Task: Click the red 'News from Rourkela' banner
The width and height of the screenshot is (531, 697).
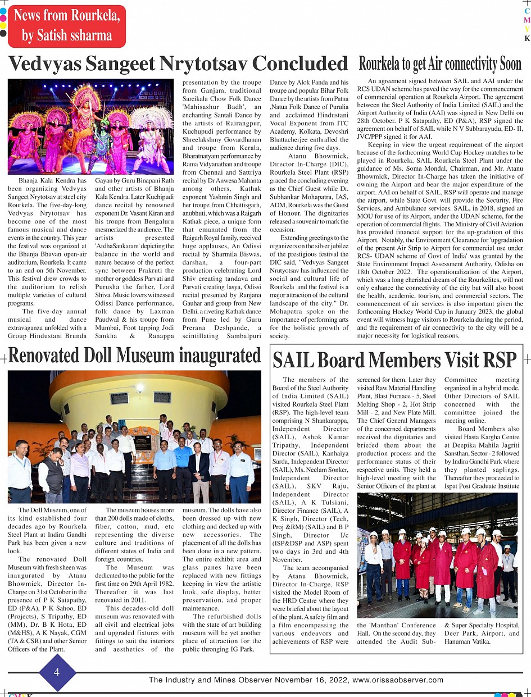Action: point(66,26)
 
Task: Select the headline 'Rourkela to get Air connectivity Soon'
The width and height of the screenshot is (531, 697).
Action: point(440,63)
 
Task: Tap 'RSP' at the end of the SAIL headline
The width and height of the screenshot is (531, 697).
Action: point(497,360)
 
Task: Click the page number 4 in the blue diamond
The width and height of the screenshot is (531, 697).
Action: point(57,672)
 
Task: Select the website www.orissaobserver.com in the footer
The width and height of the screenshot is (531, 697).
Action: point(398,680)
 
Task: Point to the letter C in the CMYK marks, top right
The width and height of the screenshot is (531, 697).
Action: point(527,11)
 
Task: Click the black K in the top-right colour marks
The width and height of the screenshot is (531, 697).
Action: point(527,38)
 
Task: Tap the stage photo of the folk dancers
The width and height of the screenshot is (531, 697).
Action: point(90,126)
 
